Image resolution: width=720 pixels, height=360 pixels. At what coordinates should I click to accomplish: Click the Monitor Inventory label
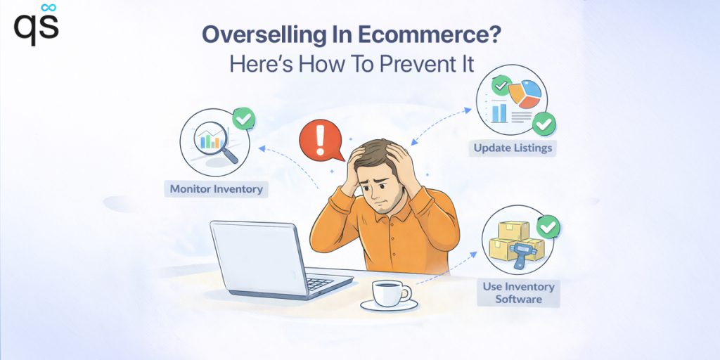(x=217, y=189)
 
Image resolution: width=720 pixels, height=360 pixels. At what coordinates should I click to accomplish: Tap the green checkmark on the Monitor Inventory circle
(x=244, y=119)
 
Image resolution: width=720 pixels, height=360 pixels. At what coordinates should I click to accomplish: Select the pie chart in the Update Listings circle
(x=525, y=95)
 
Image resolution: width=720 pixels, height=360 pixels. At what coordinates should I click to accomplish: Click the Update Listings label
(x=513, y=148)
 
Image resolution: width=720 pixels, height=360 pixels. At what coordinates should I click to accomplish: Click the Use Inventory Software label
(x=518, y=293)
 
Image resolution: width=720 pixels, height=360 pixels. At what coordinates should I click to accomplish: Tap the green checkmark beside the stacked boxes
(x=548, y=227)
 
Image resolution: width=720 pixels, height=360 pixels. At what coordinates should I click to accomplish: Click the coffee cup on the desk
(x=390, y=295)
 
